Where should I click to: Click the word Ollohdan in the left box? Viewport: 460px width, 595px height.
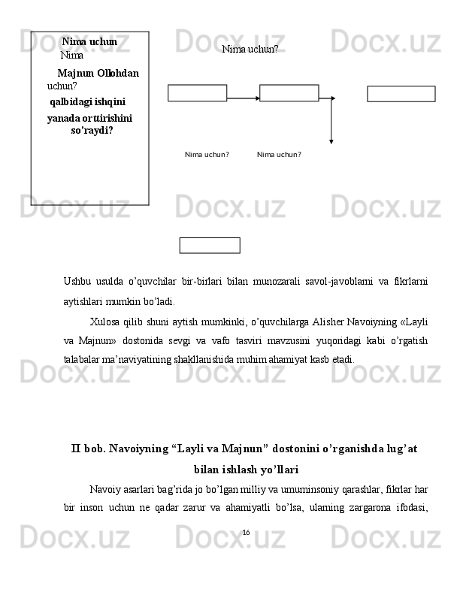tap(118, 73)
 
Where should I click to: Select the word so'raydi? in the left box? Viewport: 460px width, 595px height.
tap(92, 130)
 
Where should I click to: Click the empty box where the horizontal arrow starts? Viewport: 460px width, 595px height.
tap(197, 93)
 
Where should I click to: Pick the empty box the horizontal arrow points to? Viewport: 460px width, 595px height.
tap(289, 93)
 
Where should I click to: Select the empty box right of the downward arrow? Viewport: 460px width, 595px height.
tap(401, 94)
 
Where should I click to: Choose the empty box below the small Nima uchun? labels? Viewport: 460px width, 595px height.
tap(210, 246)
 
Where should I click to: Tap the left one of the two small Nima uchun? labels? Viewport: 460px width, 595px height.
tap(207, 155)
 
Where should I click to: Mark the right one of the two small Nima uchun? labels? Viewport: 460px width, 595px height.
tap(279, 155)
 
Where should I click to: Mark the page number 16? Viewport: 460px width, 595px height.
tap(246, 533)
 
